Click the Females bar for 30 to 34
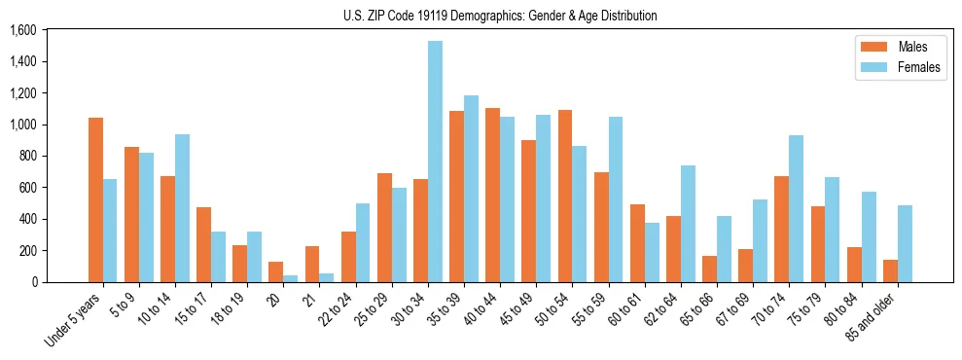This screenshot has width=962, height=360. coord(435,162)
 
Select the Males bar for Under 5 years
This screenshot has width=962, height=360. coord(95,199)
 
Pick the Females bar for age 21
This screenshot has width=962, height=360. coord(327,277)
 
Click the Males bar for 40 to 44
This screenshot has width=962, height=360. coord(492,195)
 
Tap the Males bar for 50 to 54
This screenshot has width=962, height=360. coord(564,196)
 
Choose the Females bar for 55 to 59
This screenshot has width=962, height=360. coord(616,199)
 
